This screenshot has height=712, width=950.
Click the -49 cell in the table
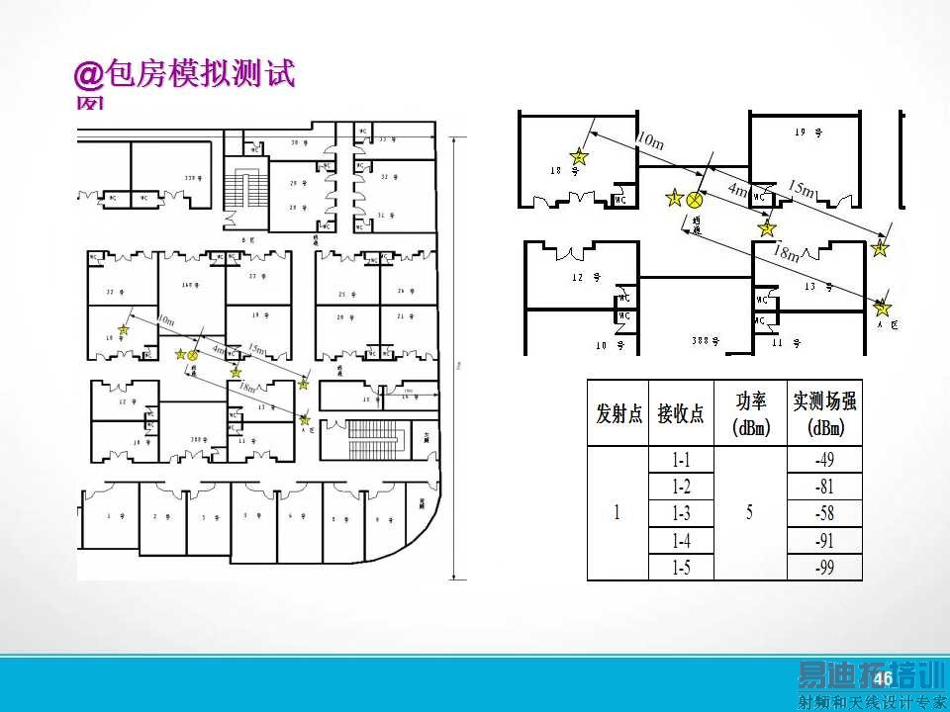point(824,460)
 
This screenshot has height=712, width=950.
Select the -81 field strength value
point(824,487)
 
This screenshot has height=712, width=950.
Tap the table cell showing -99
point(824,567)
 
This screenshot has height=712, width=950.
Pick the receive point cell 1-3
point(681,513)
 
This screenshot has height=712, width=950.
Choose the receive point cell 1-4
point(681,540)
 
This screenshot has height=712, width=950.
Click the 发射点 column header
point(618,413)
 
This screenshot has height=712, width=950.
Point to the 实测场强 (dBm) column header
point(824,413)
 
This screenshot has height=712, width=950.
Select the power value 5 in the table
point(749,513)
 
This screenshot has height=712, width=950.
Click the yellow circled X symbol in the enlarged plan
point(695,200)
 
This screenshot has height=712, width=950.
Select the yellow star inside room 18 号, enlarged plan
point(579,156)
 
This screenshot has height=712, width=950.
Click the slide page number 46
point(883,677)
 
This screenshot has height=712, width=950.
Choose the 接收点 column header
point(681,413)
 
